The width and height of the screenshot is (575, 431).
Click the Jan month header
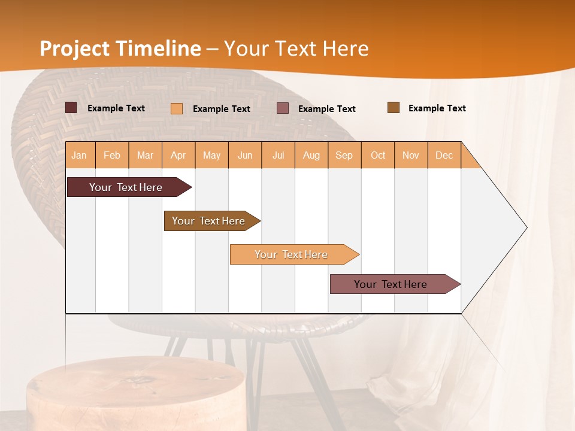[x=79, y=155]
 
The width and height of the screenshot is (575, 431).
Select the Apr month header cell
[x=178, y=155]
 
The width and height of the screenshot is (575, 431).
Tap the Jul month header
[x=278, y=155]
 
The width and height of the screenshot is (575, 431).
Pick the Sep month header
[x=344, y=155]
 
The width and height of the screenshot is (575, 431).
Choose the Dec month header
[x=444, y=155]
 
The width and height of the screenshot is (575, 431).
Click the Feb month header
[x=112, y=155]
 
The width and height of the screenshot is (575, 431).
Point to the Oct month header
[x=378, y=155]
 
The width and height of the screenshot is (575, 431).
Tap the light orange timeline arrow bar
[x=292, y=254]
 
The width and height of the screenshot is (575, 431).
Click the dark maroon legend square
[x=71, y=108]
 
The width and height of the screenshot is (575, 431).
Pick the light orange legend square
[x=177, y=108]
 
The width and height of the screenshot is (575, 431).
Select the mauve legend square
[x=283, y=108]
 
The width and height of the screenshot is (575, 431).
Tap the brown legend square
[x=394, y=108]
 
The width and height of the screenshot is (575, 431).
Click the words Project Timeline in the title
[x=120, y=48]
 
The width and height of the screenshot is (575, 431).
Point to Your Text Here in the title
[x=296, y=48]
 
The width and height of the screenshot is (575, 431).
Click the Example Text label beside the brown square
[x=437, y=108]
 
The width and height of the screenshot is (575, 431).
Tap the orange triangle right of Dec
[x=469, y=159]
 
